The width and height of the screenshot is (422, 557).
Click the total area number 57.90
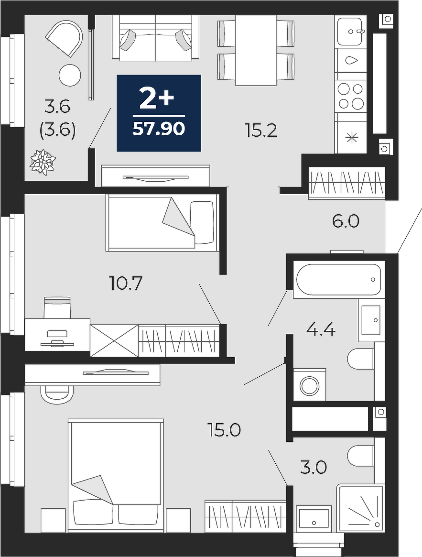coord(158,129)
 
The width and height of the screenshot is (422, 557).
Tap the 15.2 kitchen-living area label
coord(261,131)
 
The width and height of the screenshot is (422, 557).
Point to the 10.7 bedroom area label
coord(126,283)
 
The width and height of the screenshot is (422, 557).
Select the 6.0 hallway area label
coord(346,222)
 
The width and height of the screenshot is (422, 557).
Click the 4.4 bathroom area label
coord(321,330)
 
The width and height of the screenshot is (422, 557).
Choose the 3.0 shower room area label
coord(313,468)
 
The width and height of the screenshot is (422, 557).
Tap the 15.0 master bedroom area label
coord(225,430)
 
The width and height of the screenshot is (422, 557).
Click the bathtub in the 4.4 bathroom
coord(338,280)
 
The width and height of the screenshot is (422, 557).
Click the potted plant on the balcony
coord(43,162)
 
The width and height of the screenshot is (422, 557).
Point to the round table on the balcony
coord(70,75)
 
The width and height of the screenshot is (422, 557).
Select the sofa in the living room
coord(156,37)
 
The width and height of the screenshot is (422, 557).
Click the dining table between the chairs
coord(256,51)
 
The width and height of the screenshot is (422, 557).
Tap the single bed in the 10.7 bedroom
coord(162,222)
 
